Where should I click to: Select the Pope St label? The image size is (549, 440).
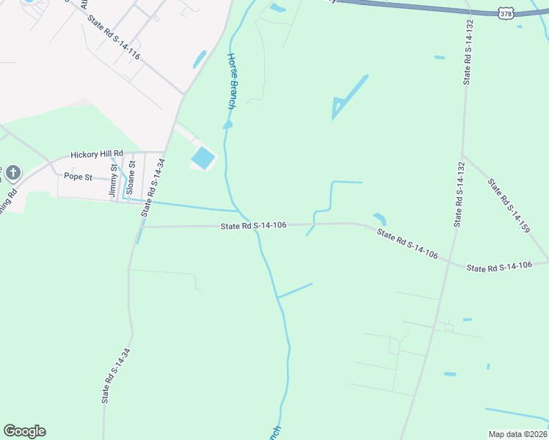point(78,176)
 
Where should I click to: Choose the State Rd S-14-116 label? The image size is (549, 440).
point(113,39)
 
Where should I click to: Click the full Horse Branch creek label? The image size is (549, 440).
point(231,81)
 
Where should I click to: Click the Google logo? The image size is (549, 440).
point(24,431)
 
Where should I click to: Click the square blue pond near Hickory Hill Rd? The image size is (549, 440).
point(203,157)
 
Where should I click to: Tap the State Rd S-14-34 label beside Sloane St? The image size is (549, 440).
point(150,188)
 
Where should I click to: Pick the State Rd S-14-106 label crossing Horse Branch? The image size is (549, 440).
point(252,226)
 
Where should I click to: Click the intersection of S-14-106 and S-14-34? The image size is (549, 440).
point(140,227)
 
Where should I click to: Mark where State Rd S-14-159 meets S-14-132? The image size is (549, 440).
point(462,154)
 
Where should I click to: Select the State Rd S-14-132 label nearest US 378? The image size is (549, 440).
point(467,51)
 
